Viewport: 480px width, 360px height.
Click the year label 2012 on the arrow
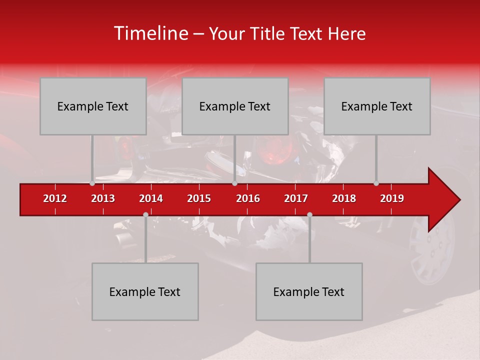pos(55,198)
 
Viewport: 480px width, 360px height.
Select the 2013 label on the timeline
pos(103,198)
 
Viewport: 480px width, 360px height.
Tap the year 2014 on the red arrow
pos(151,198)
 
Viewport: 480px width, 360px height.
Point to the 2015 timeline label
pos(199,198)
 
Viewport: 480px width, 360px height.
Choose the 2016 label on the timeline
pos(248,198)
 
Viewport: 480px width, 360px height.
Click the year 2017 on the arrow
pos(296,198)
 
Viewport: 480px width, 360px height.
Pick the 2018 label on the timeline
pos(344,198)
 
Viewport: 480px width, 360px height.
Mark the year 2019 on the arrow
pos(392,198)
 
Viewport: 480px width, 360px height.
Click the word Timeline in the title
pos(150,33)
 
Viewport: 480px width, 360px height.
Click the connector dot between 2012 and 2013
pos(92,183)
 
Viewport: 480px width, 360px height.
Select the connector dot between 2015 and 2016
pos(234,183)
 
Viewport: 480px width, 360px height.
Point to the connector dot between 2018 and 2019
pos(376,183)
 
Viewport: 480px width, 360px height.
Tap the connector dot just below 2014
pos(145,214)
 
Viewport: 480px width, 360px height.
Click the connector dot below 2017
pos(309,214)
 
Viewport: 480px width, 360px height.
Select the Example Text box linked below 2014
pos(145,291)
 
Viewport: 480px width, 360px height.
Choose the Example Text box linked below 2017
pos(309,291)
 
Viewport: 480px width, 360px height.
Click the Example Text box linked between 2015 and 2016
pos(235,106)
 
